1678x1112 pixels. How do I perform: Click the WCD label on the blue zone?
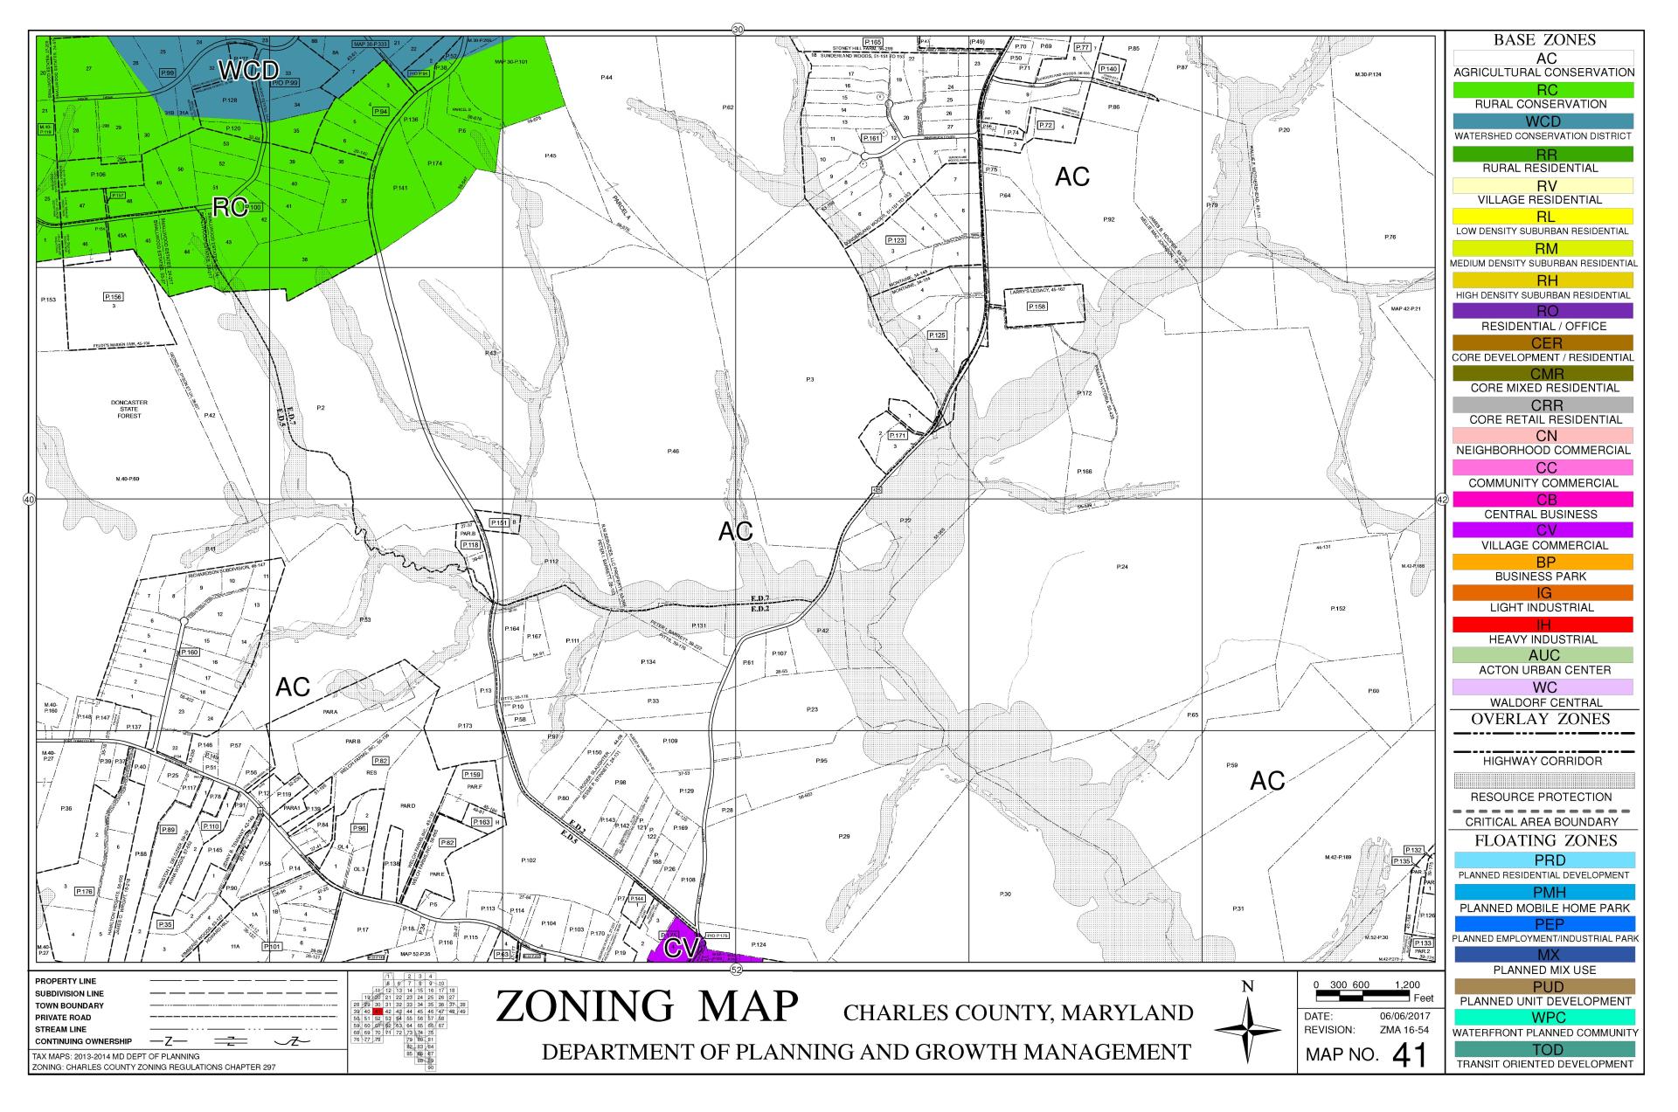[247, 72]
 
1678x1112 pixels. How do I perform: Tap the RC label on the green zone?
[228, 207]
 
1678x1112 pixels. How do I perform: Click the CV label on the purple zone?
[678, 948]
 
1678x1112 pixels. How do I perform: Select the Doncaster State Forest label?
[129, 410]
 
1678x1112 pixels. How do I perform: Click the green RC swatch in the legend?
[1543, 89]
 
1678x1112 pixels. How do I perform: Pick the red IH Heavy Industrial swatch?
[1543, 625]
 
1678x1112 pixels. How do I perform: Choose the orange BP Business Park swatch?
[1543, 562]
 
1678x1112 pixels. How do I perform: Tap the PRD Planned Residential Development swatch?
[1543, 860]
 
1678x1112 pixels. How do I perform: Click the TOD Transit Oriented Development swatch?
[1543, 1049]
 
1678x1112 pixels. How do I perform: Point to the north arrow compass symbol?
[1247, 1032]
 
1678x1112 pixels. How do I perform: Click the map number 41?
[1408, 1056]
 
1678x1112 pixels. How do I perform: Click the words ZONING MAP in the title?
[647, 1006]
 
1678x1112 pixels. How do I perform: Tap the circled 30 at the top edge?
[737, 29]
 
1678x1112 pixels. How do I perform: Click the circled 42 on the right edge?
[1442, 500]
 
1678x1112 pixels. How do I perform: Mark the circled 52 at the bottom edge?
[736, 970]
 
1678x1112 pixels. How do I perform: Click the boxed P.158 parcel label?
[1037, 307]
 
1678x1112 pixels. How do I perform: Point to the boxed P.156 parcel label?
[114, 297]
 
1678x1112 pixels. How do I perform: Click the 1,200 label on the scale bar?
[1408, 985]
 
